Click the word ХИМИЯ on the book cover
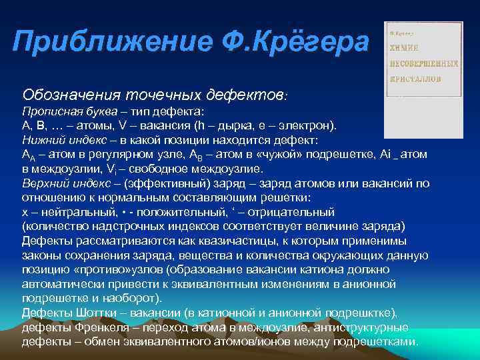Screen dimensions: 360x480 point(404,48)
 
